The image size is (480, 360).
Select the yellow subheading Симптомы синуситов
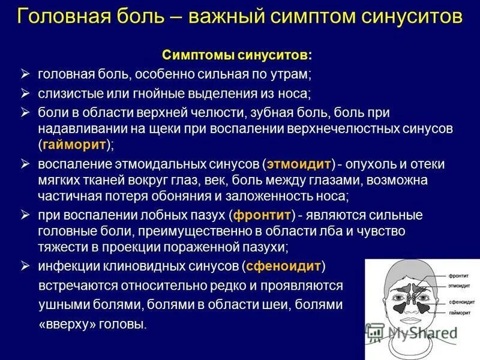(x=236, y=55)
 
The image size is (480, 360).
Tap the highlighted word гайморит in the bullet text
(x=74, y=145)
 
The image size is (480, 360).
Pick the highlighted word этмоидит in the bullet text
(x=298, y=164)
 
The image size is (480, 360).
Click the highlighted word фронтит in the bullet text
(x=262, y=215)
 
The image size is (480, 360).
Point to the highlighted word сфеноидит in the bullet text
(x=284, y=265)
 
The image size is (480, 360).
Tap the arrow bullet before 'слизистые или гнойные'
(x=25, y=93)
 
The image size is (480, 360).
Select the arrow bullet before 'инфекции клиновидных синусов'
(x=25, y=265)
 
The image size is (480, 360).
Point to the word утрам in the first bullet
(x=290, y=75)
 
